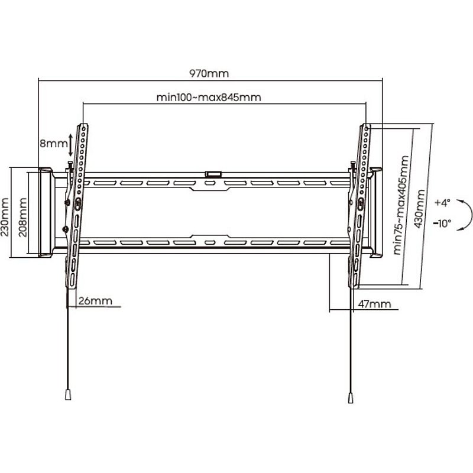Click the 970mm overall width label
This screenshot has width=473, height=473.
coord(209,73)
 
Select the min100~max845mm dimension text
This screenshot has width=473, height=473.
coord(209,98)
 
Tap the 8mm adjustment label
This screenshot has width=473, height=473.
coord(54,143)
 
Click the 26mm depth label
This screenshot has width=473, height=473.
coord(95,301)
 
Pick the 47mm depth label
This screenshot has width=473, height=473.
coord(374,304)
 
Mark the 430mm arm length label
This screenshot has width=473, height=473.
coord(419,209)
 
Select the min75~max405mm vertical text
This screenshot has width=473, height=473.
coord(401,205)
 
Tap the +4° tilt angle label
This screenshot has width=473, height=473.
coord(442,202)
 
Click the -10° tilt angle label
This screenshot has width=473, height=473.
coord(442,223)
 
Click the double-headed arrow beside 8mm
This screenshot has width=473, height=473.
coord(70,145)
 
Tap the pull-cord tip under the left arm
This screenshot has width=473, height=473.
coord(68,395)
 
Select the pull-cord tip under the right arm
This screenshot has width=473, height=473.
coord(351,397)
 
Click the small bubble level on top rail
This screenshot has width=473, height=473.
coord(213,174)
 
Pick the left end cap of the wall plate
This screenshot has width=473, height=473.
coord(46,212)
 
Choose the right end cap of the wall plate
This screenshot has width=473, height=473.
coord(376,212)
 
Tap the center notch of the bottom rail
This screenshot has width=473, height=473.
coord(210,237)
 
